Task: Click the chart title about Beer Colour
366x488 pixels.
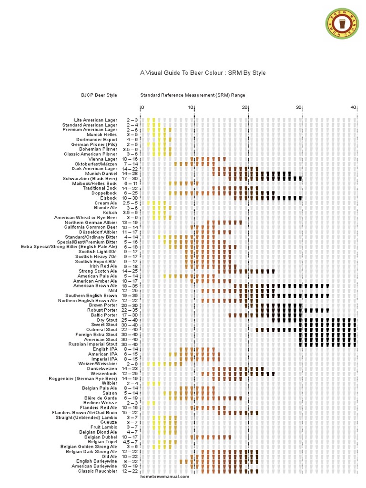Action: click(x=203, y=73)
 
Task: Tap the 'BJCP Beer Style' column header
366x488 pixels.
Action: click(x=99, y=95)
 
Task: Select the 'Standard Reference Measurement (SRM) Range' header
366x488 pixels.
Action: click(x=193, y=95)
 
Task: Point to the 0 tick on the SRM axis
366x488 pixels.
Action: click(x=142, y=108)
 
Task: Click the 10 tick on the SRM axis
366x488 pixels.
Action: click(x=191, y=108)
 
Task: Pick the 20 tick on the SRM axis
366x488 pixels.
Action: click(x=245, y=108)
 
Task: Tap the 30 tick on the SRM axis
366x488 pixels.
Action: click(x=299, y=108)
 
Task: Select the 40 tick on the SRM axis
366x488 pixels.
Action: click(x=353, y=108)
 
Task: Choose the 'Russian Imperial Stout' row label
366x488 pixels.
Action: click(x=92, y=344)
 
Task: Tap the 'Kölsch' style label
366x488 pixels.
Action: click(x=110, y=213)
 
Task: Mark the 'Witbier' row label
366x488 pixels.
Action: click(x=109, y=383)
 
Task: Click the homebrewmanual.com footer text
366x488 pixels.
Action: click(x=165, y=477)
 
